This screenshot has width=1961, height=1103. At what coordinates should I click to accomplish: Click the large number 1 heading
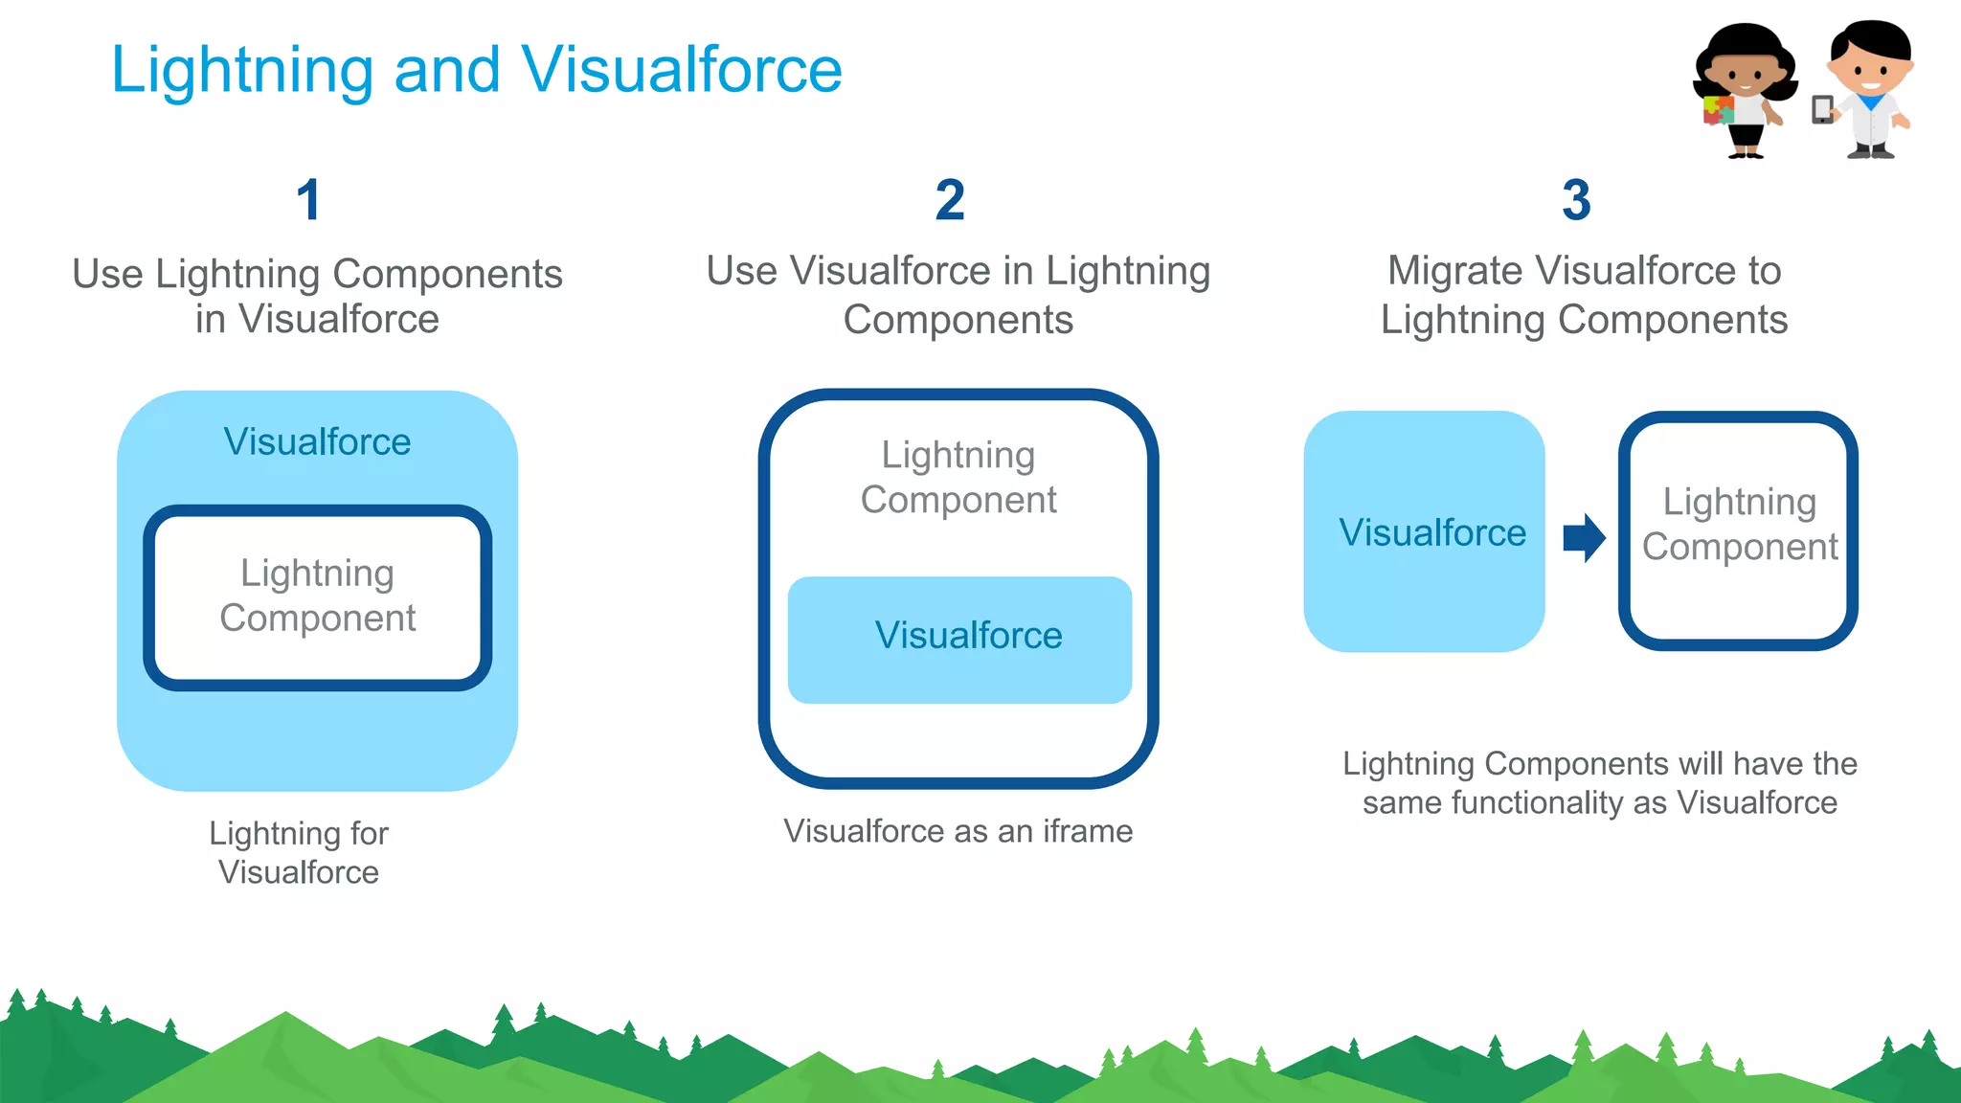[308, 200]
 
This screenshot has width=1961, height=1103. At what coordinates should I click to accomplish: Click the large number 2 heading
[950, 200]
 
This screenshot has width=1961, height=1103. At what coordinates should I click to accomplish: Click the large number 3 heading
[1576, 200]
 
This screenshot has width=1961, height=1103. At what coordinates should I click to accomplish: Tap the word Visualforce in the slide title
[681, 70]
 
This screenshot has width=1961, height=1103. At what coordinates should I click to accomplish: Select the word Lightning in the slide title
[241, 70]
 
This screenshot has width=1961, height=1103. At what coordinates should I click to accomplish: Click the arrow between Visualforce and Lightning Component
[1583, 537]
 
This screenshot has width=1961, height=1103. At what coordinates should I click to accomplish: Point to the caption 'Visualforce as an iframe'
[958, 831]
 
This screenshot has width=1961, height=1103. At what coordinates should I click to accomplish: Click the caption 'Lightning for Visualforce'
[299, 852]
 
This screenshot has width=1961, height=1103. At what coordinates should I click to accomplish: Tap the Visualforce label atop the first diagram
[317, 441]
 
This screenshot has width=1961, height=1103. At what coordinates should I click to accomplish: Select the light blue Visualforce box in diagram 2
[959, 639]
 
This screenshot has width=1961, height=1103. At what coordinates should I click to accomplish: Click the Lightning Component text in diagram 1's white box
[317, 596]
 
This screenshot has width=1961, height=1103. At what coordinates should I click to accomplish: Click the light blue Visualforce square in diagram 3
[1424, 532]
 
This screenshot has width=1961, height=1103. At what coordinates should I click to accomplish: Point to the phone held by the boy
[1821, 110]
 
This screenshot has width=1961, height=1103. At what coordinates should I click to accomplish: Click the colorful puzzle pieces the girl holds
[1717, 111]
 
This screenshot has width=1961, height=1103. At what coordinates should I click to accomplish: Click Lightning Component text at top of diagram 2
[958, 477]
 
